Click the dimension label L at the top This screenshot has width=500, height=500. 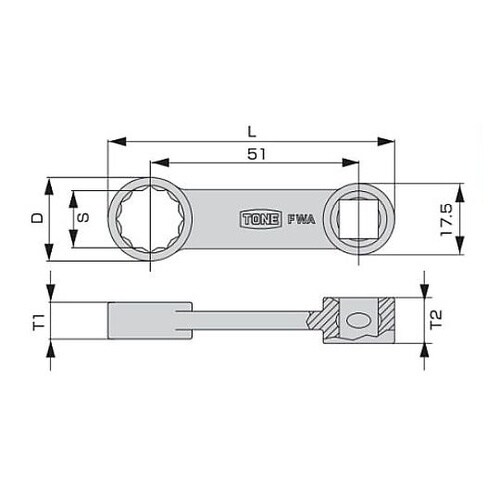coord(252,130)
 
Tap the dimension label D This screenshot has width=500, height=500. coord(37,220)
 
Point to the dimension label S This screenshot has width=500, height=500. coord(85,220)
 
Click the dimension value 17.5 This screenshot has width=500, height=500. coord(446,220)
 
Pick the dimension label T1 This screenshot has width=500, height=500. coord(37,322)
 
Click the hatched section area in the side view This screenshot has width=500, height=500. coord(326,318)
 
